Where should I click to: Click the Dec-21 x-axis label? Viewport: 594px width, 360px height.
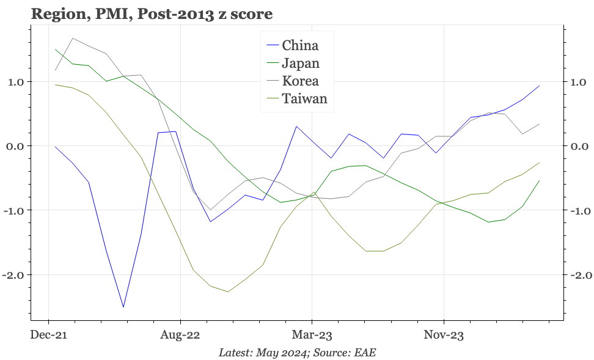pyautogui.click(x=49, y=334)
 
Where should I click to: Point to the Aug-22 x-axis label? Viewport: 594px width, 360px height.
pyautogui.click(x=180, y=334)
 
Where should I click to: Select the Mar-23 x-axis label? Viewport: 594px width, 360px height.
pyautogui.click(x=312, y=334)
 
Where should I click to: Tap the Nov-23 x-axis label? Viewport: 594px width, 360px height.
pyautogui.click(x=443, y=334)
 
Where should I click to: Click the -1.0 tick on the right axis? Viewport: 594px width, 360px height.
pyautogui.click(x=580, y=211)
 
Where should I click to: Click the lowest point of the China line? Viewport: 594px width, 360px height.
pyautogui.click(x=123, y=307)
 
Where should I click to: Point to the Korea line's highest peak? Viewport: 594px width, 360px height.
pyautogui.click(x=73, y=39)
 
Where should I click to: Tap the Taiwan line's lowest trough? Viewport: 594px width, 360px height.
pyautogui.click(x=228, y=292)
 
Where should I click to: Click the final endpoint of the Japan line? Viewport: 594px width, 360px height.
pyautogui.click(x=539, y=180)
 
